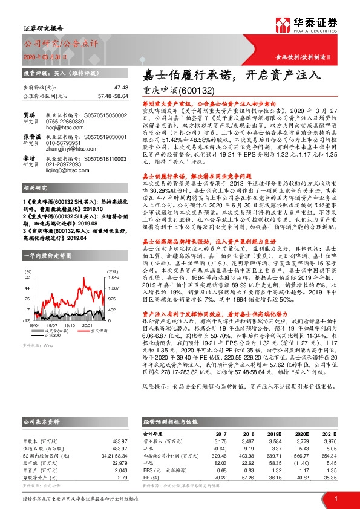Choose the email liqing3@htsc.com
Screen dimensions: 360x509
[x=62, y=163]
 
